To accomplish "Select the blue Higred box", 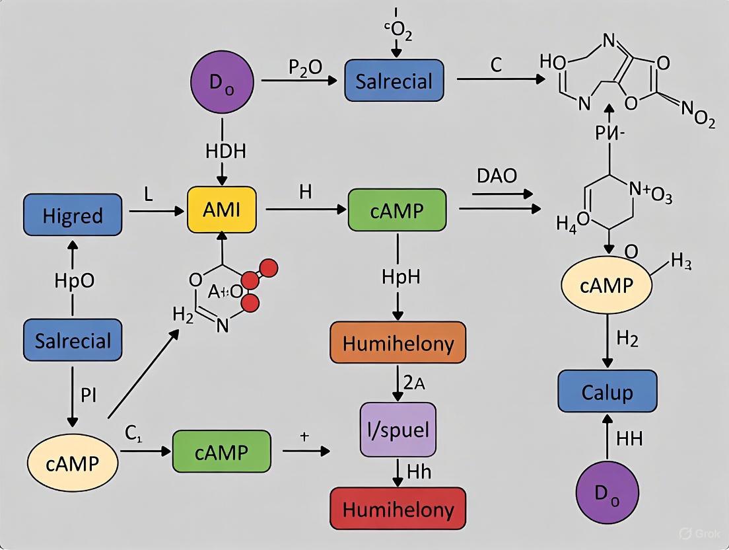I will point(73,215).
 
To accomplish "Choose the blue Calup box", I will point(607,391).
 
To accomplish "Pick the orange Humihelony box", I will point(397,344).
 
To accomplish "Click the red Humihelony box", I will point(397,508).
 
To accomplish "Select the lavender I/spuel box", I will point(397,430).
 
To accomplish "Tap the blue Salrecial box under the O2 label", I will point(394,81).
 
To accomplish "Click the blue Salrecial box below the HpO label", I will point(73,341).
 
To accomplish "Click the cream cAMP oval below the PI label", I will point(73,462).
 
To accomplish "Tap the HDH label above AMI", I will point(225,151).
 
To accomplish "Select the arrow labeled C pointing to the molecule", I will point(501,79).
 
